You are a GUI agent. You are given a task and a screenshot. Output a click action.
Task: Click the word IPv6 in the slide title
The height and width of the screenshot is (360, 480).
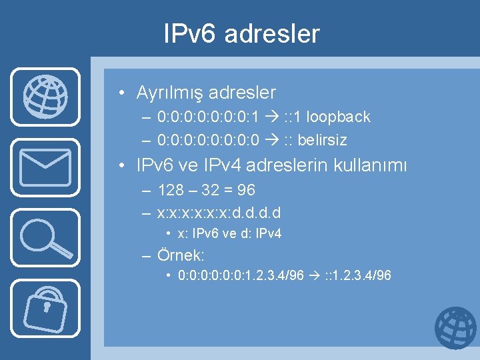pos(190,34)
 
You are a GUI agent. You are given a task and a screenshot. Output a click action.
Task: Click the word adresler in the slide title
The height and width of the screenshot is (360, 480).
pos(272,34)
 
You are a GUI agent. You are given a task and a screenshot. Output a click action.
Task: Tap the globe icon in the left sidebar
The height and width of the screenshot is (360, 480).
pos(45,97)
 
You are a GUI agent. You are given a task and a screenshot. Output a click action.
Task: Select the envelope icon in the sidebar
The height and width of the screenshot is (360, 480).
pos(45,167)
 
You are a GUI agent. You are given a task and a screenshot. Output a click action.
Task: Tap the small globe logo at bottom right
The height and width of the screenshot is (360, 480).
pos(455,328)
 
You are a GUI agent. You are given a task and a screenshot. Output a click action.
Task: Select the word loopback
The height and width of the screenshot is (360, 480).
pos(338,117)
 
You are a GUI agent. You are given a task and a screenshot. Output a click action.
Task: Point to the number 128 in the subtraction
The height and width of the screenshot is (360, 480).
pos(171,191)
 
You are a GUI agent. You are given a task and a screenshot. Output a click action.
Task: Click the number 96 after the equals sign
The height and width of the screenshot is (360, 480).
pos(246,191)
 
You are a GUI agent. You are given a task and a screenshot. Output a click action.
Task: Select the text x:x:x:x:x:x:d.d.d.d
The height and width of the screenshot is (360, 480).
pos(219,213)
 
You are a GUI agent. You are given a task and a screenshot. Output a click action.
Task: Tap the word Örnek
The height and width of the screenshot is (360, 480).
pos(181,255)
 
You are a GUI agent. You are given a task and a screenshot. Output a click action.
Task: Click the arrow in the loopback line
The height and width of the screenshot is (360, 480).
pos(269,117)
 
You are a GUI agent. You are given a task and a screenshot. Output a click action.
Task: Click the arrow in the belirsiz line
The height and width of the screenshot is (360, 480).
pos(269,141)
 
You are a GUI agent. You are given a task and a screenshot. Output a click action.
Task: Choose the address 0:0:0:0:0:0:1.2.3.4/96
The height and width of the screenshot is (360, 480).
pos(241,275)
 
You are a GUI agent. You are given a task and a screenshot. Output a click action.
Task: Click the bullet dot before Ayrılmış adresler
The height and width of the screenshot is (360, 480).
pos(124,93)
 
